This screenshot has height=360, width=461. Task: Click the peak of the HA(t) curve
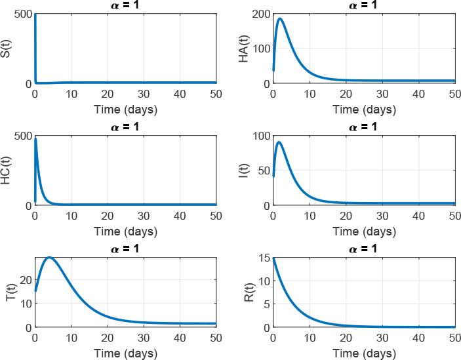pyautogui.click(x=280, y=18)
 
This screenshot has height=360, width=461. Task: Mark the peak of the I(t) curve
pyautogui.click(x=279, y=142)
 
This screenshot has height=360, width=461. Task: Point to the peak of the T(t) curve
pyautogui.click(x=49, y=257)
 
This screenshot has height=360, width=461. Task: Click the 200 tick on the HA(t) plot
pyautogui.click(x=260, y=14)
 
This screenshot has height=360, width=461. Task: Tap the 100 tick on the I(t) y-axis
pyautogui.click(x=260, y=136)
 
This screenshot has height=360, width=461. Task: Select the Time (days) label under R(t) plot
pyautogui.click(x=363, y=353)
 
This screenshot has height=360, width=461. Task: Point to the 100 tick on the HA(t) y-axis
pyautogui.click(x=260, y=49)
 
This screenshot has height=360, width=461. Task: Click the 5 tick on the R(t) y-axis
pyautogui.click(x=265, y=304)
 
